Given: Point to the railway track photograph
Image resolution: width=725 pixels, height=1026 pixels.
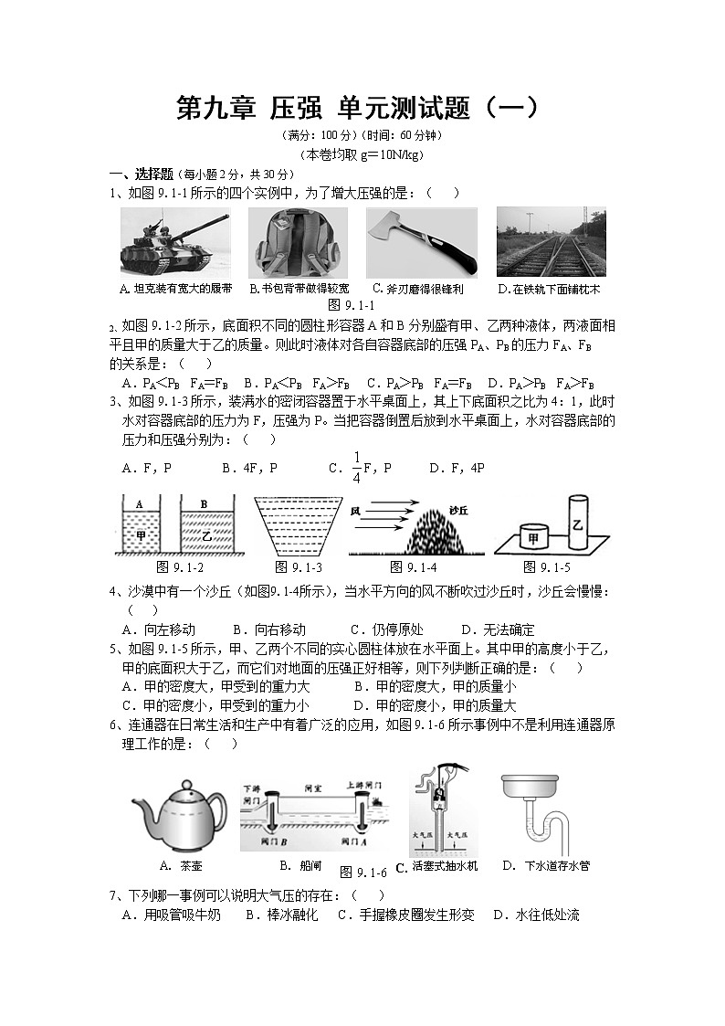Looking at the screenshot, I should (551, 242).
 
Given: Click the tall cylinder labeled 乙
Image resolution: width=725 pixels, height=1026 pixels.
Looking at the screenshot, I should (577, 522).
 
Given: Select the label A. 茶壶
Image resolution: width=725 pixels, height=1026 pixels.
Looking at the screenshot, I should (180, 865).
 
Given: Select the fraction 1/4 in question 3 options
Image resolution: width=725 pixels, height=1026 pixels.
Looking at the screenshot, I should (357, 467).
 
